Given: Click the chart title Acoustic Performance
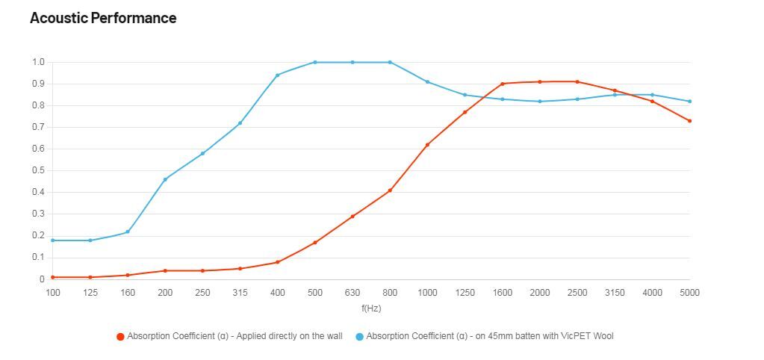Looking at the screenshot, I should pos(103,19).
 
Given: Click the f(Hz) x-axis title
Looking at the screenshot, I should pos(370,308).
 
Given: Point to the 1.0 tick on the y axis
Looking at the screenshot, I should pos(37,62).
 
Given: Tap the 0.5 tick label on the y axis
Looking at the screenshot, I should pos(37,170).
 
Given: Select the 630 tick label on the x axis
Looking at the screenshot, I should pos(353,293).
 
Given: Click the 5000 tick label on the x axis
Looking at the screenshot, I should pos(689,293).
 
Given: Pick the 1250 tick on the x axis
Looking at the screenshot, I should pos(465,293).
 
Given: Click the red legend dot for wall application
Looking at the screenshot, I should pos(120,337).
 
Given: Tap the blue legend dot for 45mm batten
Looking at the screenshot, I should pos(359,337).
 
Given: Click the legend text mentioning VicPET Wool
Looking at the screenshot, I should pos(489,336).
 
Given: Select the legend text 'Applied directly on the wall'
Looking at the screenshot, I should pos(235,336).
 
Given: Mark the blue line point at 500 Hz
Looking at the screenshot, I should pos(315,62).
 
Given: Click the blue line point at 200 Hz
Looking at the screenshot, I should pos(165,179).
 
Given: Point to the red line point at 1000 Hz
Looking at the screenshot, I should pos(427,145).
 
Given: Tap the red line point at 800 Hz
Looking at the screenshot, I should pos(390,190).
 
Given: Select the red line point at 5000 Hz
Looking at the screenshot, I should pos(689,121).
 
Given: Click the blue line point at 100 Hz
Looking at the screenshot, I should pos(53,240).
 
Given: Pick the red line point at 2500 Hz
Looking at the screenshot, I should pos(577,81).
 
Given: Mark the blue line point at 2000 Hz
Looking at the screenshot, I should pos(540,102).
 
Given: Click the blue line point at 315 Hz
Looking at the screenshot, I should pos(240,123).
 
